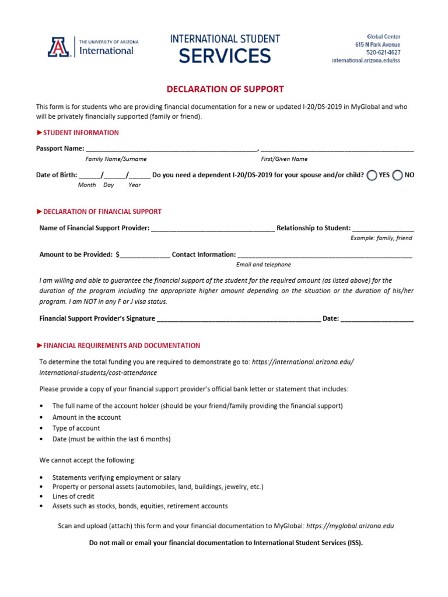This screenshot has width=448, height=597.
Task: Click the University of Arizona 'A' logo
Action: pyautogui.click(x=59, y=47)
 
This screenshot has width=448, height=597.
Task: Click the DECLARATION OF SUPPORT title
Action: pyautogui.click(x=225, y=89)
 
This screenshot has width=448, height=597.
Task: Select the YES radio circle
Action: pyautogui.click(x=372, y=175)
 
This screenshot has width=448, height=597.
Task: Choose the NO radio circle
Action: pyautogui.click(x=398, y=175)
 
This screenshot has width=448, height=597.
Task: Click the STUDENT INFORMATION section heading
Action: pyautogui.click(x=80, y=132)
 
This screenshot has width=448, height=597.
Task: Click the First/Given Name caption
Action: pyautogui.click(x=284, y=159)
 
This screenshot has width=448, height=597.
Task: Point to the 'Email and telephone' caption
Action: pyautogui.click(x=264, y=265)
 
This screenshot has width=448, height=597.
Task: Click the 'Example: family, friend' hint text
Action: pyautogui.click(x=381, y=238)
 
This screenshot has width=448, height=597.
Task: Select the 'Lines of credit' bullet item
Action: pyautogui.click(x=73, y=496)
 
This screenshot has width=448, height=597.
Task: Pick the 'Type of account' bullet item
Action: pyautogui.click(x=76, y=428)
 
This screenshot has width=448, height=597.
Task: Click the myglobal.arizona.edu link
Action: pyautogui.click(x=350, y=526)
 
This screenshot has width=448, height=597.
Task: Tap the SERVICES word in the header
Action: pyautogui.click(x=225, y=56)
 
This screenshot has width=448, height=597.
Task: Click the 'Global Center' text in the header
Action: pyautogui.click(x=383, y=37)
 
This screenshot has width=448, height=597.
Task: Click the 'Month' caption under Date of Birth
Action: pyautogui.click(x=87, y=185)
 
